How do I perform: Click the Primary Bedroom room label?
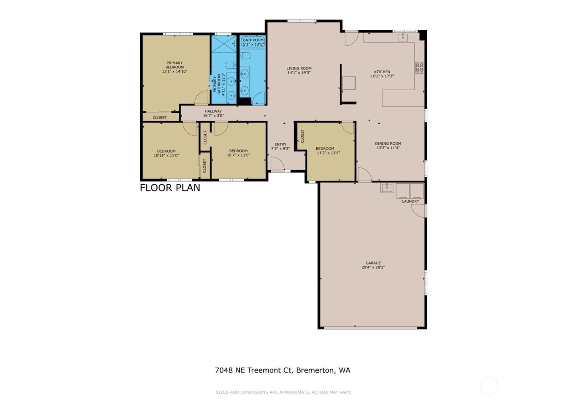[175, 65]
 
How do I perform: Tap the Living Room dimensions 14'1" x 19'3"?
[299, 73]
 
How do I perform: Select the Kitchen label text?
[382, 72]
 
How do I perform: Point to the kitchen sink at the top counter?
[403, 38]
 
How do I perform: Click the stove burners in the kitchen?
[419, 68]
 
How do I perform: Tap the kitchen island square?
[349, 83]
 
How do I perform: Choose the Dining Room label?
[388, 144]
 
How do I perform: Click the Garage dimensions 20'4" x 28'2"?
[373, 267]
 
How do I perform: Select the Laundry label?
[410, 201]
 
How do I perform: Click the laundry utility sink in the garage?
[387, 188]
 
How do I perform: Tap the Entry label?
[280, 144]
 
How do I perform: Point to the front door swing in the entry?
[277, 164]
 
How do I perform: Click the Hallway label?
[213, 111]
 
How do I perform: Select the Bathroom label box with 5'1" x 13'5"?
[253, 42]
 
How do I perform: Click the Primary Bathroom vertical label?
[219, 84]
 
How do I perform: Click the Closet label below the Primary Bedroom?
[160, 118]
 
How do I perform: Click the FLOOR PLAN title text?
[170, 188]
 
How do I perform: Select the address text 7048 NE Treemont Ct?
[254, 370]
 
